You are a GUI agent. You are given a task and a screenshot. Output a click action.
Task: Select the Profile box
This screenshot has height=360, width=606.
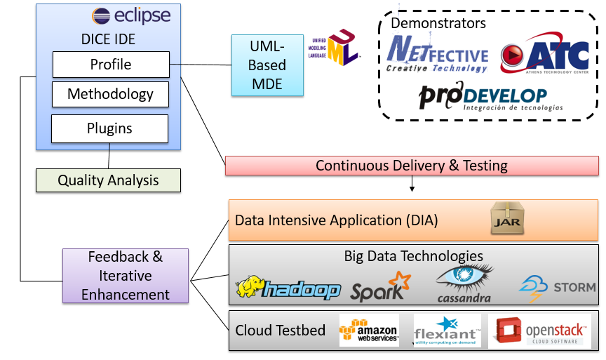[111, 65]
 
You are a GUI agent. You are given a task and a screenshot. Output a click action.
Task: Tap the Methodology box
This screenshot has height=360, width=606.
[111, 94]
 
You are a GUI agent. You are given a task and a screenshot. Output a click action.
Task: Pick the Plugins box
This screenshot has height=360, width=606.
[109, 128]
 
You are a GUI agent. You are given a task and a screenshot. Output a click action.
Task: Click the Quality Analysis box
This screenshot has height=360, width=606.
[109, 180]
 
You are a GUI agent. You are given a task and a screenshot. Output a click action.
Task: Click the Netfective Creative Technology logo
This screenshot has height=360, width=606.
[438, 55]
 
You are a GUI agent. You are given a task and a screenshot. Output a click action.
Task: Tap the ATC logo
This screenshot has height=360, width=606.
[544, 58]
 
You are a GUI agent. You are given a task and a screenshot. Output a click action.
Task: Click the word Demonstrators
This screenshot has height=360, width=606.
[438, 23]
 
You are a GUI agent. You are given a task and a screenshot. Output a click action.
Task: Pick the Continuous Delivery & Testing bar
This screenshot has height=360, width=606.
[412, 166]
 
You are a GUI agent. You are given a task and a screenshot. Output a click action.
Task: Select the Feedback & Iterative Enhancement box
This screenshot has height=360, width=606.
[126, 275]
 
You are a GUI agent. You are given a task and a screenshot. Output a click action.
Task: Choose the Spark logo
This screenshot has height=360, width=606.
[379, 287]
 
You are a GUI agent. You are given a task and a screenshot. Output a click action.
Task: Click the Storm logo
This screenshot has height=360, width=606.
[557, 287]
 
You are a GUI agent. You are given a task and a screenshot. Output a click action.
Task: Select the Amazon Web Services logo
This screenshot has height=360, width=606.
[369, 330]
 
